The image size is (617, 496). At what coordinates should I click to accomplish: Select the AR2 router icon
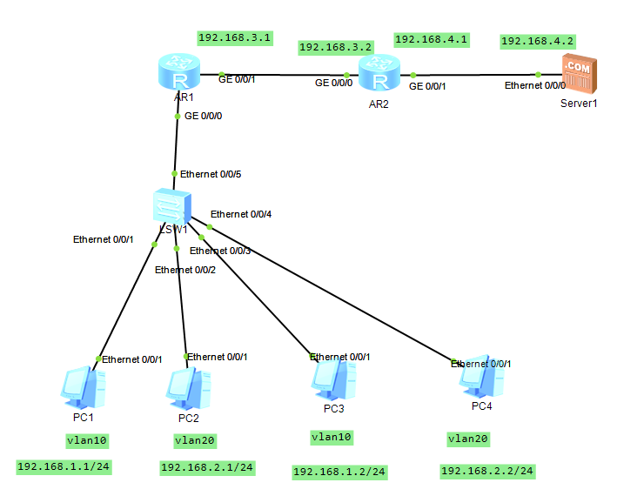(379, 76)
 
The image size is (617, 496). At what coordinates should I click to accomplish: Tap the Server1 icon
(578, 73)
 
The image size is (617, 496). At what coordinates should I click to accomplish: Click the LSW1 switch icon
(171, 207)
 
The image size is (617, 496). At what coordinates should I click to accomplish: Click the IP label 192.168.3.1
(235, 38)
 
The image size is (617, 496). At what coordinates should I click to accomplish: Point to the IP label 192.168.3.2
(335, 47)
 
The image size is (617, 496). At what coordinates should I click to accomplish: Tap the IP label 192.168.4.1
(432, 39)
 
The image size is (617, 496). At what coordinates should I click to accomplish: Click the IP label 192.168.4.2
(538, 41)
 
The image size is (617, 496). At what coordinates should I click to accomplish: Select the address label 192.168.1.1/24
(64, 467)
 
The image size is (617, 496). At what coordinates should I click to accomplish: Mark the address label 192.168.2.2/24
(487, 472)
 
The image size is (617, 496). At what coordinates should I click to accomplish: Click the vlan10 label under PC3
(332, 437)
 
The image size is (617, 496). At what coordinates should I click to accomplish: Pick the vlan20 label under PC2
(194, 440)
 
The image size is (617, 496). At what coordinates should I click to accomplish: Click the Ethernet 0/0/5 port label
(211, 174)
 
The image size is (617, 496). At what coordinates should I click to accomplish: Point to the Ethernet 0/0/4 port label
(241, 213)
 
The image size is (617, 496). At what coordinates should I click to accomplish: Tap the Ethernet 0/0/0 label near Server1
(535, 85)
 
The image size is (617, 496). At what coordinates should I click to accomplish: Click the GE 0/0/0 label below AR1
(204, 116)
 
